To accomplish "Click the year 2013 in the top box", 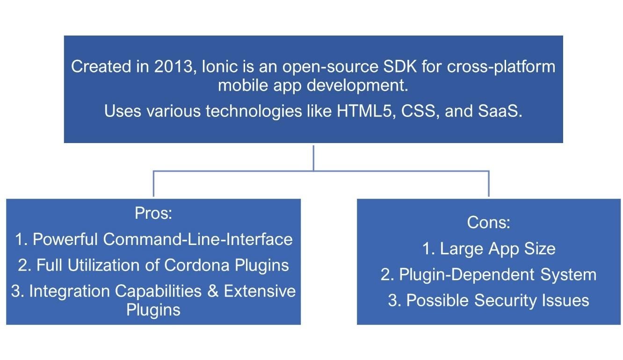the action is click(x=174, y=67).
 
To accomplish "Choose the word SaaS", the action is click(x=500, y=111).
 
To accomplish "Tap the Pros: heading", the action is click(x=153, y=213).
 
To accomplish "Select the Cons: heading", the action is click(x=489, y=223).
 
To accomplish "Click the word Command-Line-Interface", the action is click(x=198, y=239).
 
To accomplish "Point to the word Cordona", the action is click(x=197, y=265).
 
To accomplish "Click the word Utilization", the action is click(x=104, y=265).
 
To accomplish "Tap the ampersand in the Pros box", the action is click(x=213, y=291).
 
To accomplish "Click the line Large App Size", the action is click(x=489, y=249).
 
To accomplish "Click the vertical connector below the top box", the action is click(x=313, y=158).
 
